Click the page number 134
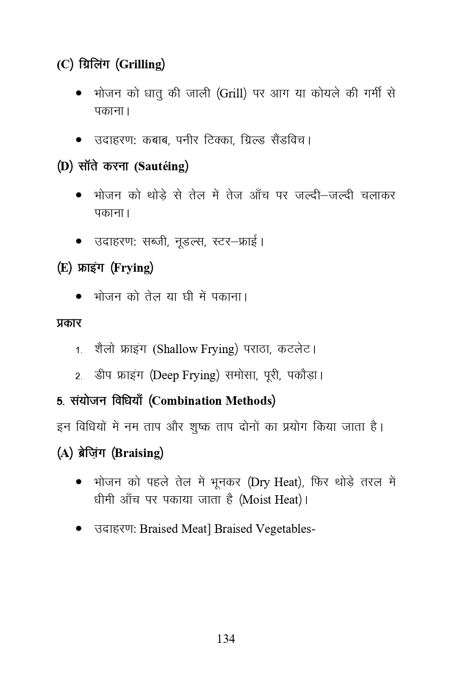pos(225,639)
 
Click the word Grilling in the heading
pos(141,65)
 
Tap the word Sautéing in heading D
pos(161,166)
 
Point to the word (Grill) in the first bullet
pos(232,94)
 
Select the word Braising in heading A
pos(138,453)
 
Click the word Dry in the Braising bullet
pos(260,482)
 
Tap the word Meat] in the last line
pos(195,529)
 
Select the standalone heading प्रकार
pos(69,323)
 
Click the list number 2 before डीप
pos(78,376)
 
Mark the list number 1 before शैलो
pos(78,350)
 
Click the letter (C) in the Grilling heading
pos(65,65)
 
